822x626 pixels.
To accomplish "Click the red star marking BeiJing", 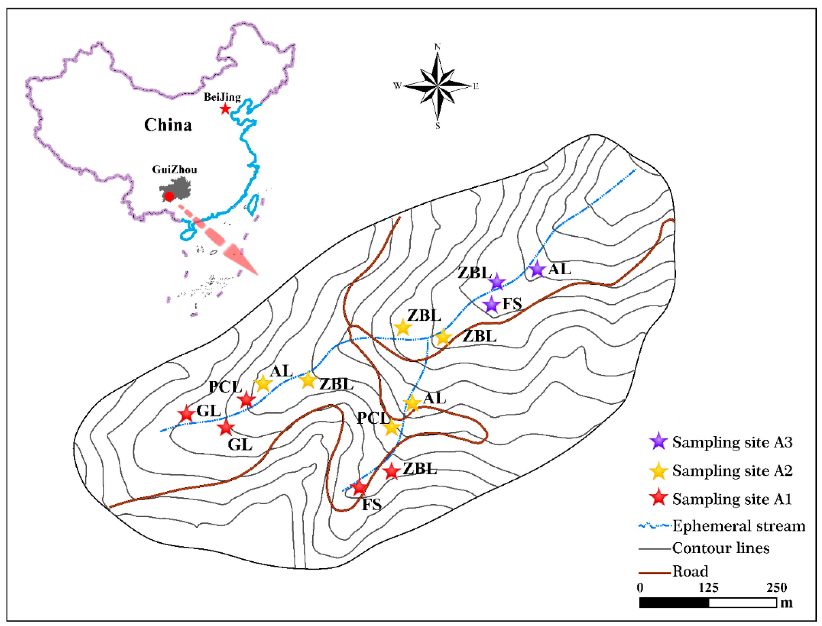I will pyautogui.click(x=225, y=109).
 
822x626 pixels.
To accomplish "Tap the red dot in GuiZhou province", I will pyautogui.click(x=169, y=196).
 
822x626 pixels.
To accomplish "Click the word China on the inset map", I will pyautogui.click(x=168, y=125).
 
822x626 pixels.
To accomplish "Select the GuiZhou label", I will pyautogui.click(x=174, y=170).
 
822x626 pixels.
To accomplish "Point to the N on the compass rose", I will pyautogui.click(x=437, y=47).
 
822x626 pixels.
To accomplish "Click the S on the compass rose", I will pyautogui.click(x=438, y=126).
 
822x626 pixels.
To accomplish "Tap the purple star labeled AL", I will pyautogui.click(x=537, y=269).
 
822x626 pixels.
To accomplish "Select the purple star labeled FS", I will pyautogui.click(x=491, y=305).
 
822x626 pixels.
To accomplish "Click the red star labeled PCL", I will pyautogui.click(x=246, y=400).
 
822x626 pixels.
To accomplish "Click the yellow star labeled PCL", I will pyautogui.click(x=391, y=427).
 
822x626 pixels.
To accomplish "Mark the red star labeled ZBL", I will pyautogui.click(x=392, y=472).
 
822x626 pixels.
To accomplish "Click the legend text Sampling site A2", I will pyautogui.click(x=732, y=471).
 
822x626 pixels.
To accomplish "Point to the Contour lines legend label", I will pyautogui.click(x=721, y=548).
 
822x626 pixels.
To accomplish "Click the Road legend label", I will pyautogui.click(x=690, y=571).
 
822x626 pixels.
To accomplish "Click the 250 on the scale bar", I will pyautogui.click(x=776, y=587).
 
